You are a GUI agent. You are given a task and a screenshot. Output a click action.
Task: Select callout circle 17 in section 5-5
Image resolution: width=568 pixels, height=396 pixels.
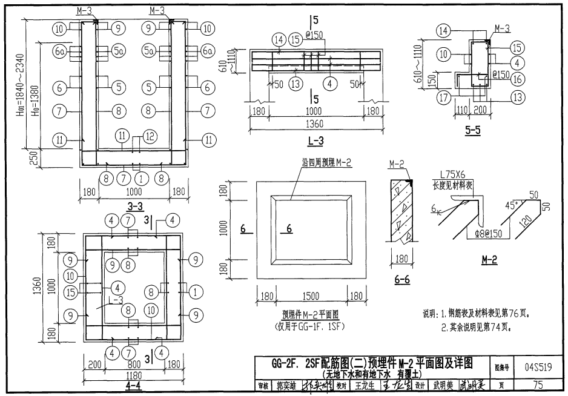point(444,97)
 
